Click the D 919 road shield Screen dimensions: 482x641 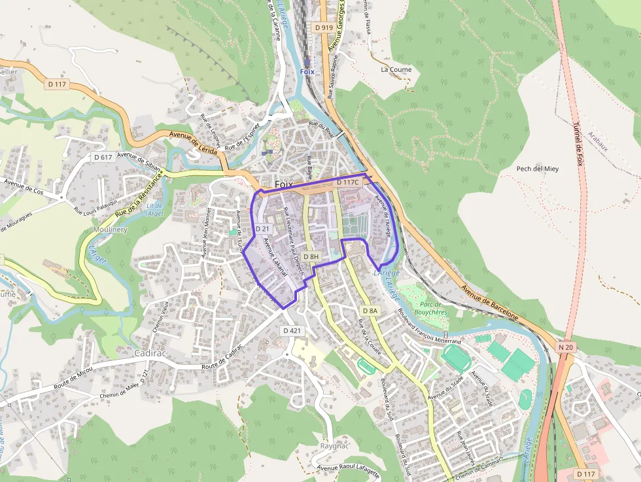323,27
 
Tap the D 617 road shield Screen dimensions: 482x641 103,157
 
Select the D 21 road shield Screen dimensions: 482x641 262,228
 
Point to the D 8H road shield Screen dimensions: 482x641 311,256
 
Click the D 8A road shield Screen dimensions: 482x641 370,310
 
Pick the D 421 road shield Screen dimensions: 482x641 292,331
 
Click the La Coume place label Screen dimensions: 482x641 396,69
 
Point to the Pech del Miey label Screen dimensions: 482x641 538,169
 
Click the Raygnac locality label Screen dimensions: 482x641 336,446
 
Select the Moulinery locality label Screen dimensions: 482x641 111,230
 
